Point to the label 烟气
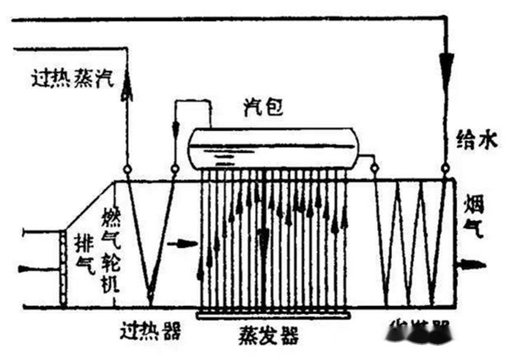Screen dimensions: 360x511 [474, 217]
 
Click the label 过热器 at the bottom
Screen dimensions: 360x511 [149, 332]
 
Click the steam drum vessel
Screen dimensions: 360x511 [272, 149]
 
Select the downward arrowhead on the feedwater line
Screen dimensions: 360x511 [446, 62]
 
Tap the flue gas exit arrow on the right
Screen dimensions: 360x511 [472, 264]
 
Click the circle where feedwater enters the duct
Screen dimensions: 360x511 [445, 170]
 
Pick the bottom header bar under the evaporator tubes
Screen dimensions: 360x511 [273, 316]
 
